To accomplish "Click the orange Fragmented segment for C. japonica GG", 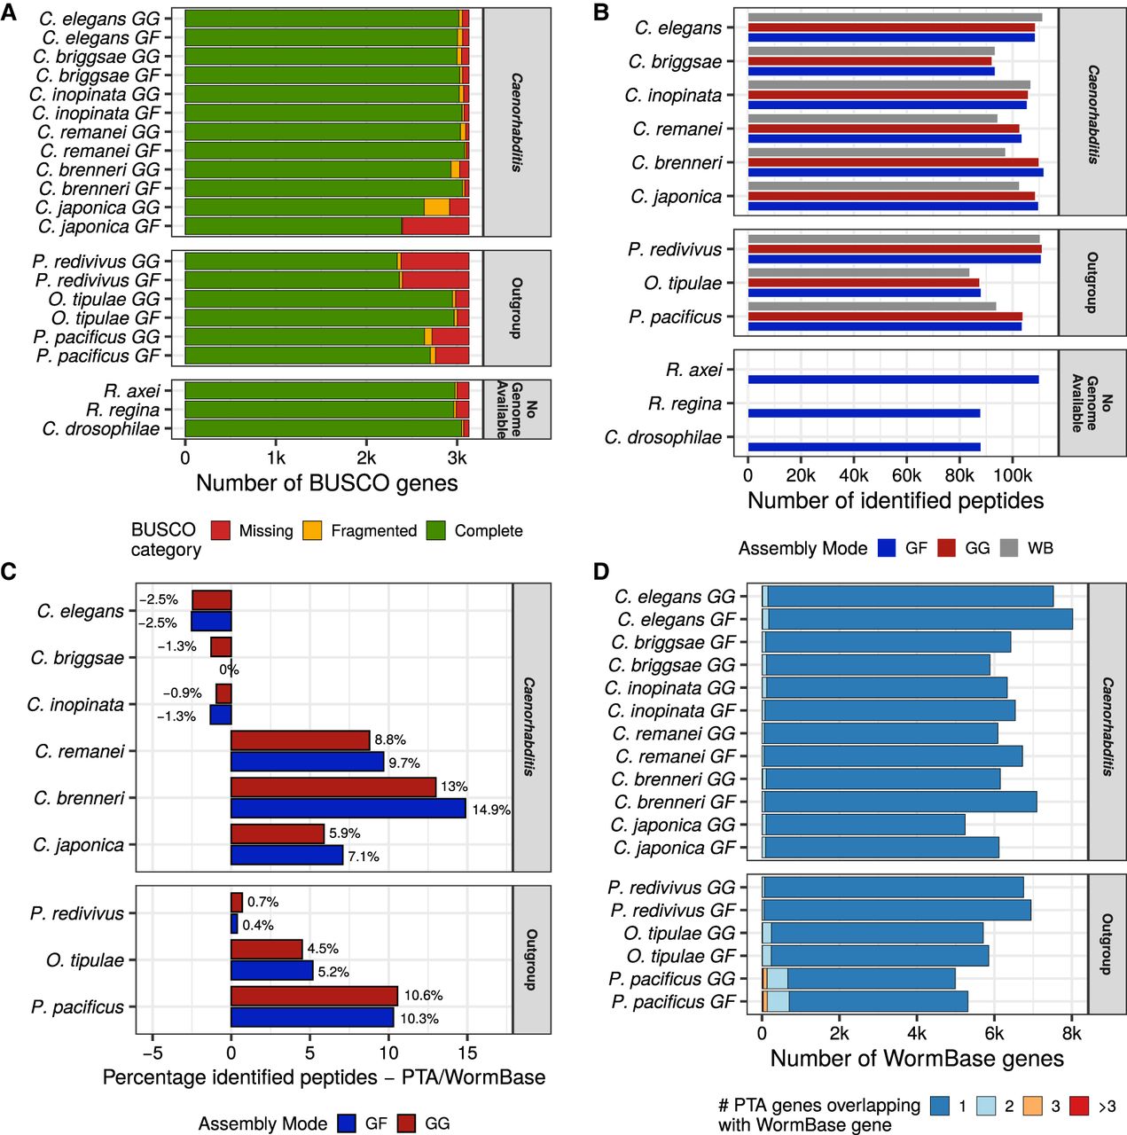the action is [x=436, y=207].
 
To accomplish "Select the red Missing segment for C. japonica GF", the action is [x=435, y=226].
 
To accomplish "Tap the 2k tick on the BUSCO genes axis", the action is [x=366, y=458].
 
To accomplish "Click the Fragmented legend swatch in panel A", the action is [x=312, y=530].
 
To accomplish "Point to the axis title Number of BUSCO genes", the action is [x=327, y=483].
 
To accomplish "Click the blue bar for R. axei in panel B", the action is [x=893, y=380].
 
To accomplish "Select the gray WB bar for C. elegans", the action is [x=895, y=17].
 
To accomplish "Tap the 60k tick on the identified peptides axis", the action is [x=907, y=474].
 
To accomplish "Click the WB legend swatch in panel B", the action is [x=1009, y=548].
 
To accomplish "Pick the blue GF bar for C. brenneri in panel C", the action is [x=348, y=808].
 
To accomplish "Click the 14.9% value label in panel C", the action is [x=491, y=810].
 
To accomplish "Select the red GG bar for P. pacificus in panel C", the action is [x=314, y=996].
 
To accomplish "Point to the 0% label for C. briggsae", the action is [x=229, y=669].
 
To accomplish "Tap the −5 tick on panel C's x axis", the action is [x=153, y=1052].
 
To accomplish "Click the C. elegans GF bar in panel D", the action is [x=917, y=619].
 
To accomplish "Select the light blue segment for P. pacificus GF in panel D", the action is [x=778, y=1001].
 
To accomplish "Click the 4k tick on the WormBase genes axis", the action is [x=917, y=1033].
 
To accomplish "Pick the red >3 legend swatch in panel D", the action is [x=1079, y=1106].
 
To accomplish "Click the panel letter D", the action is [x=601, y=571].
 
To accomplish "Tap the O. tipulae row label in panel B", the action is [x=683, y=284].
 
